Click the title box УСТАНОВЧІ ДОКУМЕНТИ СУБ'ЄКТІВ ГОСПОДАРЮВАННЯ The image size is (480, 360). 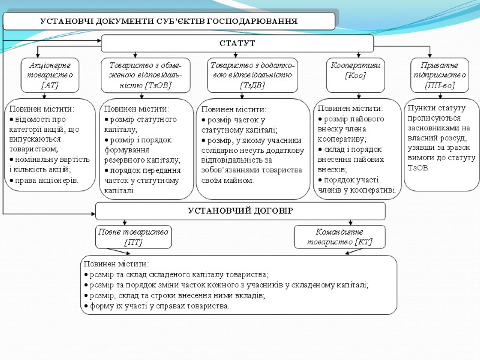click(x=169, y=21)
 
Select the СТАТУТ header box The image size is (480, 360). click(x=237, y=43)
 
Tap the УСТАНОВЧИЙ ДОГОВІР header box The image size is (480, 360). click(x=240, y=211)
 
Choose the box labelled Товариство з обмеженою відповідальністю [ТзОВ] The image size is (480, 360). click(x=145, y=75)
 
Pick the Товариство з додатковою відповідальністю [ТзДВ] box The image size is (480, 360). click(x=252, y=75)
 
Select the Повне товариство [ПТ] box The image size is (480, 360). click(x=133, y=236)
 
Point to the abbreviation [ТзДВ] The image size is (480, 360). click(x=252, y=86)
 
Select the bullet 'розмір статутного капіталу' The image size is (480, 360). click(x=140, y=124)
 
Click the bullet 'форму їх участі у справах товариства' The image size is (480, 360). click(x=160, y=306)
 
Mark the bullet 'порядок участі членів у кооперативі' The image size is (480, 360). click(x=356, y=185)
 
